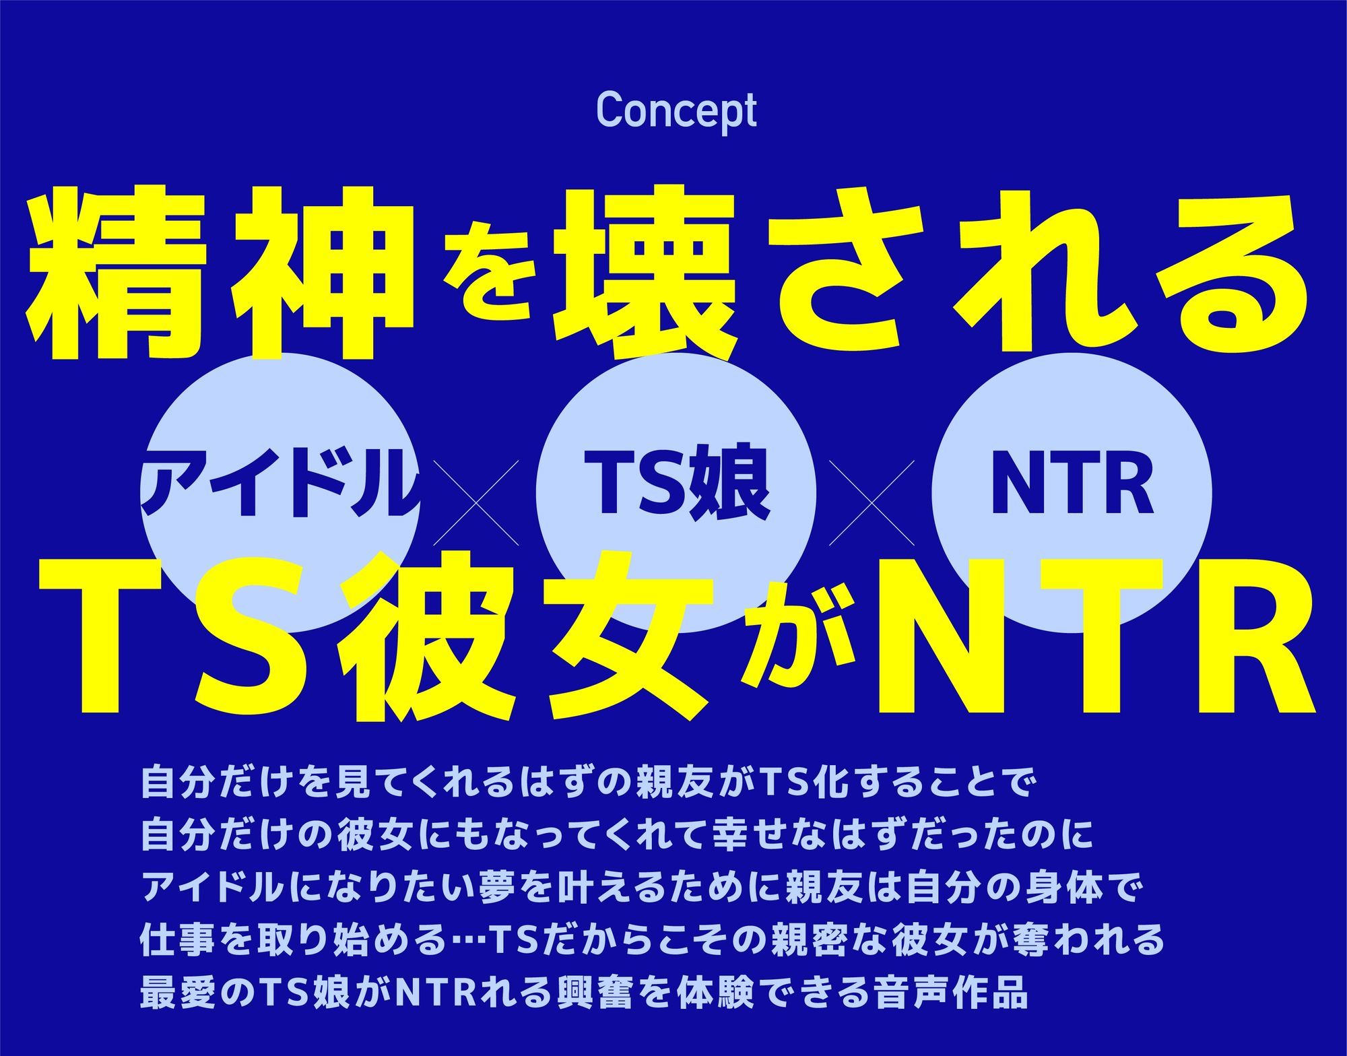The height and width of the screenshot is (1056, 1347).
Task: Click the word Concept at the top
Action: click(676, 112)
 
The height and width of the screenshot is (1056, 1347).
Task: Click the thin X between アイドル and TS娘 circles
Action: click(476, 502)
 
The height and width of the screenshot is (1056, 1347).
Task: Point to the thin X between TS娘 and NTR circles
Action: click(872, 502)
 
